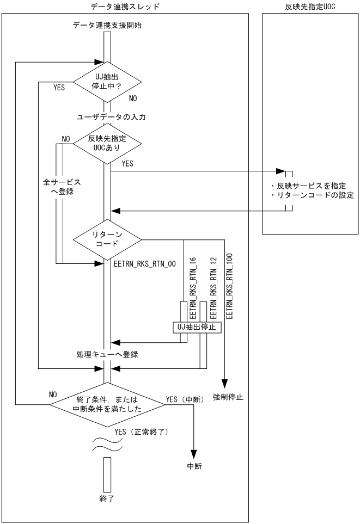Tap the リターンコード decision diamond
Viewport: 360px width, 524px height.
pos(107,238)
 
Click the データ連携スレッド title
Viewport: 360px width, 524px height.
pos(126,6)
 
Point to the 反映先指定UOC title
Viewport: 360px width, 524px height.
pos(310,6)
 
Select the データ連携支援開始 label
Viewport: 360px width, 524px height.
pos(107,25)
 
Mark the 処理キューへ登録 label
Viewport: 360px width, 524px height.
pos(107,355)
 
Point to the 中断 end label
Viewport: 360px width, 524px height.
pos(193,466)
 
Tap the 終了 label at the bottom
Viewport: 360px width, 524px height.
pos(107,497)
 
